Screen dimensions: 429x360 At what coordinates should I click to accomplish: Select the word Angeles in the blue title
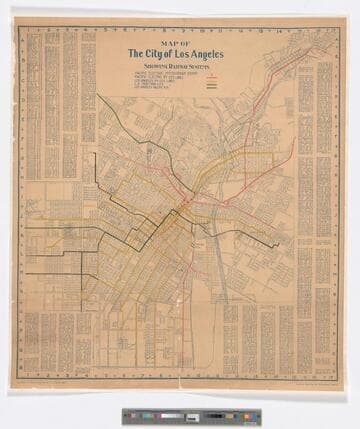pyautogui.click(x=206, y=53)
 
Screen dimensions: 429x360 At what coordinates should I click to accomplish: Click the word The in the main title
pyautogui.click(x=135, y=53)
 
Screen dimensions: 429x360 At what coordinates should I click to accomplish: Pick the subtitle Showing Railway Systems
pyautogui.click(x=175, y=67)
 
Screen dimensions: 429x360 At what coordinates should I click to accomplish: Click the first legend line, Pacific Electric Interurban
pyautogui.click(x=161, y=75)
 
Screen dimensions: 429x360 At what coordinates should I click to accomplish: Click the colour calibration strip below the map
pyautogui.click(x=190, y=415)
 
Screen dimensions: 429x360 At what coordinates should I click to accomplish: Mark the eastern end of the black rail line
pyautogui.click(x=279, y=245)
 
